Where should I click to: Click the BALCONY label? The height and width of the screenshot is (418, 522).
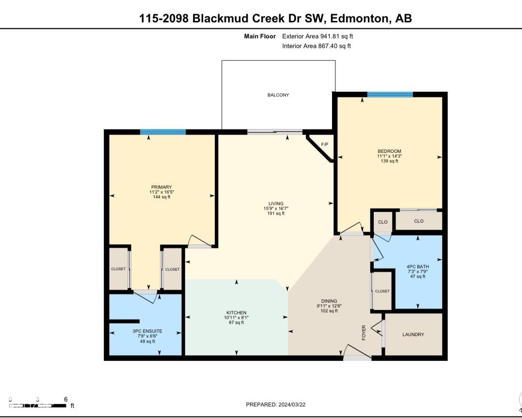[278, 95]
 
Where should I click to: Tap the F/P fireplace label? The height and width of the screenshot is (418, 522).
[325, 145]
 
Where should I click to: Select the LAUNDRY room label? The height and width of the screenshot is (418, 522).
[413, 335]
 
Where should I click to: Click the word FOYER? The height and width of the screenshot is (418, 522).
[364, 332]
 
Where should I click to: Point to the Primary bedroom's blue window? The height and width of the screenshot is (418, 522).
[163, 132]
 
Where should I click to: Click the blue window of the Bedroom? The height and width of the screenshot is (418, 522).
[390, 95]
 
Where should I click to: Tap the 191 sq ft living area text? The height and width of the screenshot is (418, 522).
[276, 213]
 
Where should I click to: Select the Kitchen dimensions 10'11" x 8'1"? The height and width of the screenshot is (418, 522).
[237, 318]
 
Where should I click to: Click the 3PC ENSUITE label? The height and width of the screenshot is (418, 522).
[147, 331]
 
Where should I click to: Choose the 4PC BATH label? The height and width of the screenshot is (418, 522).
[418, 266]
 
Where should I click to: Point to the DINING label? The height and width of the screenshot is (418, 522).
[329, 301]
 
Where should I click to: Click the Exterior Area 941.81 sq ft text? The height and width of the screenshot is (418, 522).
[317, 36]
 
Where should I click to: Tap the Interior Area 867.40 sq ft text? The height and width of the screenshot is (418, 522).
[316, 46]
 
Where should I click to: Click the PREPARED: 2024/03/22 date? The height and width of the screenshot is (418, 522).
[276, 405]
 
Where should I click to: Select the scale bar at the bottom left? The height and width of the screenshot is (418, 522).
[38, 406]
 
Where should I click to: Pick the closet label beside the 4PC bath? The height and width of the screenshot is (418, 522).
[382, 291]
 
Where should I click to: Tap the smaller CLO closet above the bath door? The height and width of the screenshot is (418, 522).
[383, 222]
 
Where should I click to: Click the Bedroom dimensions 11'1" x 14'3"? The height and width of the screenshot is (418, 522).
[390, 156]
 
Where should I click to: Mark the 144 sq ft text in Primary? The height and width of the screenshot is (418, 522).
[161, 197]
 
